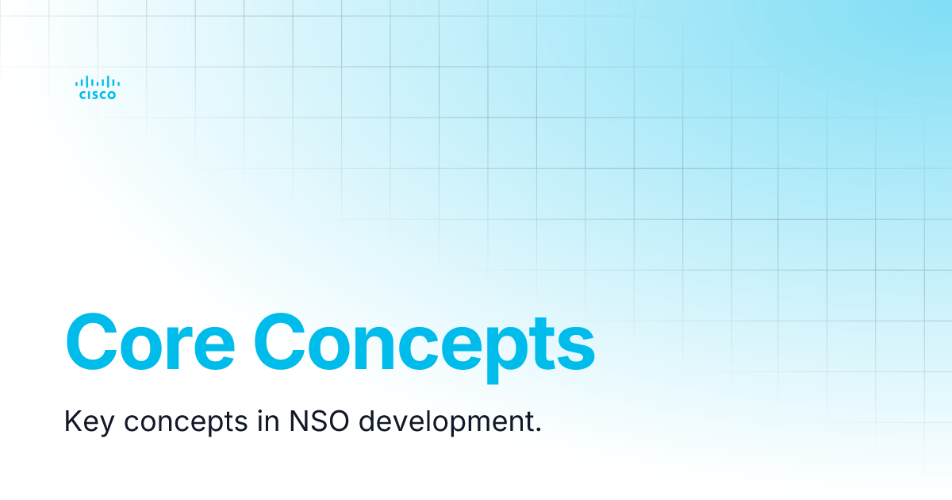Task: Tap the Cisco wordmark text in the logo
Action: (98, 95)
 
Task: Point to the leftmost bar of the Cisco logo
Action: (77, 83)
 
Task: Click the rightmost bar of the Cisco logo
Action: (118, 83)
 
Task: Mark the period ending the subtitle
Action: (539, 429)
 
